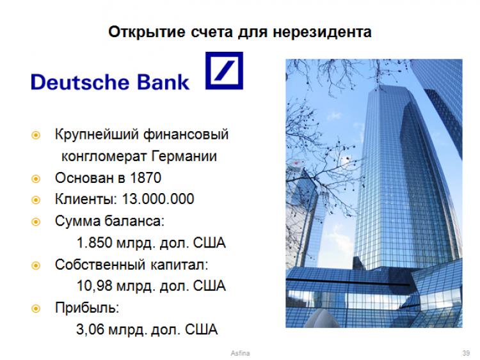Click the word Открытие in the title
(x=147, y=32)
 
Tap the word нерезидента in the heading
(x=322, y=33)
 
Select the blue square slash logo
(x=224, y=70)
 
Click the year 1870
(x=145, y=178)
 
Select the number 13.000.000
(x=158, y=199)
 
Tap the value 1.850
(x=95, y=242)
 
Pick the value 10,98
(x=95, y=286)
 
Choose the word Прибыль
(x=87, y=308)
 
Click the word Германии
(x=184, y=156)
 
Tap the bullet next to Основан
(x=36, y=178)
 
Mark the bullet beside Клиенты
(x=36, y=200)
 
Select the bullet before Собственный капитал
(x=36, y=265)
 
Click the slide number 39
(x=466, y=353)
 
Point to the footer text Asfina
(x=240, y=353)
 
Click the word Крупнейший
(x=97, y=134)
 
